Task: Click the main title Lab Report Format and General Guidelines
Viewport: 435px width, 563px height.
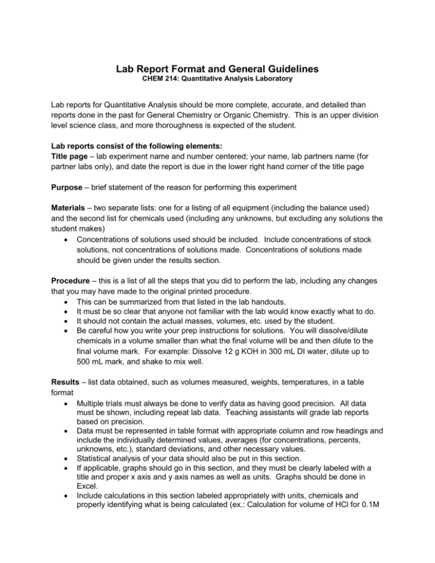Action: (217, 69)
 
